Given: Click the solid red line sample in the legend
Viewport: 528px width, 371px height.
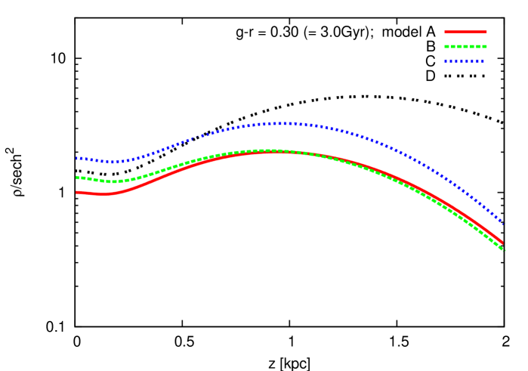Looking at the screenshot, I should pos(465,32).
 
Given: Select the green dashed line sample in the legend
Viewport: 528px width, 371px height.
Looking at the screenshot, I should pos(465,46).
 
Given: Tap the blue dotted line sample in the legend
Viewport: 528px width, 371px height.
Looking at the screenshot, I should pos(465,61).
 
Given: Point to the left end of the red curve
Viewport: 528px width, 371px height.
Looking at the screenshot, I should pos(77,192).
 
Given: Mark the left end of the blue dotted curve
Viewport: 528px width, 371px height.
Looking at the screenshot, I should pos(77,158).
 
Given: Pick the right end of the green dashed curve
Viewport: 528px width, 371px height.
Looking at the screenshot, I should pos(503,249).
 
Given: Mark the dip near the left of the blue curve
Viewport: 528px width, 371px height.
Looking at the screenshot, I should pos(113,162).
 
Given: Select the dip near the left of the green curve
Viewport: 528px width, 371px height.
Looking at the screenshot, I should pos(113,181).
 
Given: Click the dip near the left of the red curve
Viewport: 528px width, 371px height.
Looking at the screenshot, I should pos(106,194).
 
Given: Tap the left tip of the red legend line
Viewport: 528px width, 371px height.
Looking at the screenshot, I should pos(446,32).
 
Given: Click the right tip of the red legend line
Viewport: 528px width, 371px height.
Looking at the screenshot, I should pos(486,32).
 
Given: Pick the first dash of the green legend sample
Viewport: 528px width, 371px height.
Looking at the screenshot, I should pos(447,46).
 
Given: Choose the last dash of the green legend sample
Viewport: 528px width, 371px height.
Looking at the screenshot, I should pos(483,46).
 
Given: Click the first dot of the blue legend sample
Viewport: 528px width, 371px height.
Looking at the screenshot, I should pos(446,61).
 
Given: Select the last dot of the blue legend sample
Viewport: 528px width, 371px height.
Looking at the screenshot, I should pos(483,61).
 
